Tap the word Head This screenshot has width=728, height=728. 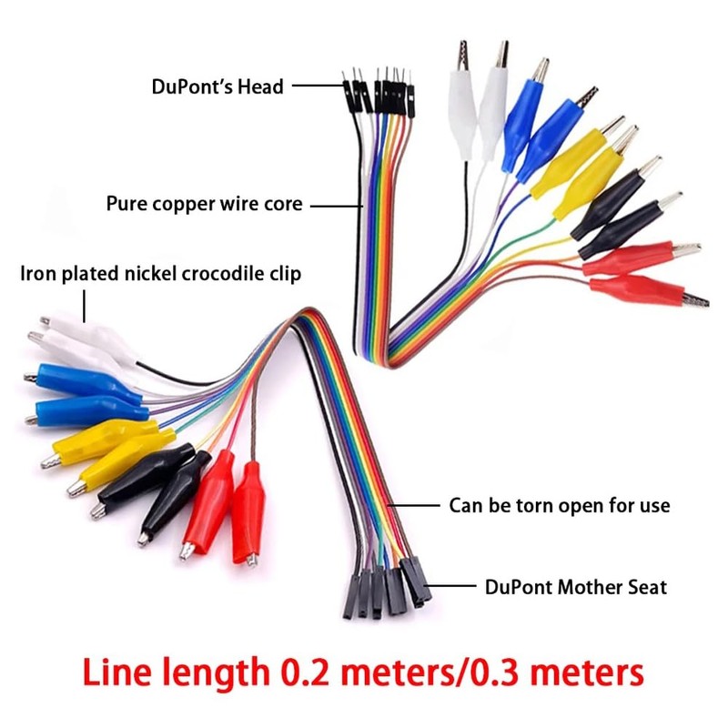[x=262, y=87]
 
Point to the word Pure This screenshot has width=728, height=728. [x=126, y=204]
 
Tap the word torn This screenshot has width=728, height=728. [x=548, y=505]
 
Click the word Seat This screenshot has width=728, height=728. [x=645, y=587]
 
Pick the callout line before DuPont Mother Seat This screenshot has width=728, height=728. [x=451, y=587]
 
